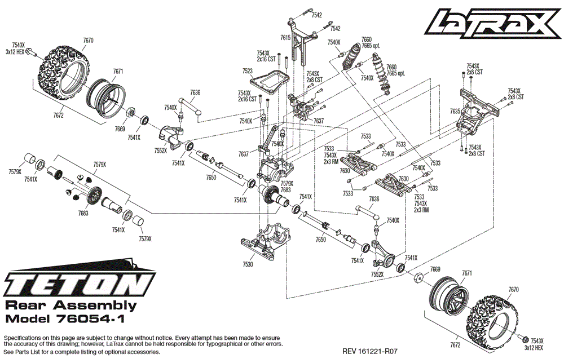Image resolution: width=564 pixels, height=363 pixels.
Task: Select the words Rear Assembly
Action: [70, 306]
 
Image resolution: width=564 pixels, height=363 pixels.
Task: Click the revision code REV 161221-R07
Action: [369, 351]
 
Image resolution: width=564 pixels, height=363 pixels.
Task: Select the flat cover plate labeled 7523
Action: [271, 79]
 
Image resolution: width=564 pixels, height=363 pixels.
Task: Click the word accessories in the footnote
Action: [144, 352]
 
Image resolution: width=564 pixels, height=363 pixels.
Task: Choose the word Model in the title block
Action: [21, 319]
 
